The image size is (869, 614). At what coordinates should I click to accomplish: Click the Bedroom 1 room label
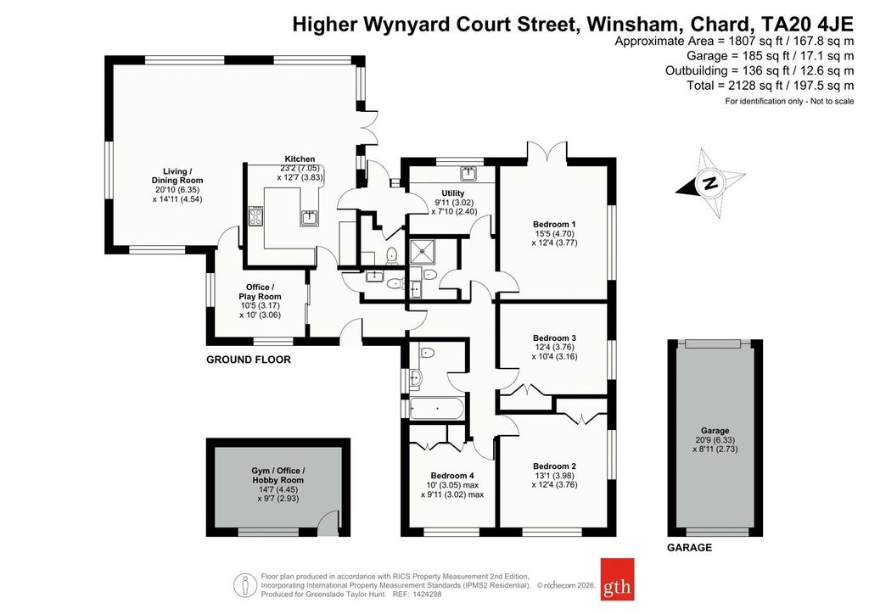click(x=554, y=224)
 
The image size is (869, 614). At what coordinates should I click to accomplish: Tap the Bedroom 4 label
click(x=452, y=476)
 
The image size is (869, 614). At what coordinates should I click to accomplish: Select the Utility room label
click(x=453, y=193)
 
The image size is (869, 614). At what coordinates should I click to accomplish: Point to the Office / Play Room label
click(x=260, y=292)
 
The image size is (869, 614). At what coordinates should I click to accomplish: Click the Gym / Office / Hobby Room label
click(x=278, y=476)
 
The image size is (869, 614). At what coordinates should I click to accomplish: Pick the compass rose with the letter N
click(x=710, y=183)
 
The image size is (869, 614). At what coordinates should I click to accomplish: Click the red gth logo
click(x=618, y=579)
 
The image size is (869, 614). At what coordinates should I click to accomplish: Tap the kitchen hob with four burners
click(x=256, y=216)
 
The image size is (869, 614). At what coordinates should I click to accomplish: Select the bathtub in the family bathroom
click(x=436, y=408)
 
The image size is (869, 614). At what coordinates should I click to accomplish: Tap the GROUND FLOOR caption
click(x=249, y=360)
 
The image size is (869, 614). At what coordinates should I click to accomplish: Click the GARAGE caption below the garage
click(x=689, y=548)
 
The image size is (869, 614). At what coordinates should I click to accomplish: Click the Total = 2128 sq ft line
click(x=771, y=86)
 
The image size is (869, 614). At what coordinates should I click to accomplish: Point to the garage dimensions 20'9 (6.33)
click(x=715, y=440)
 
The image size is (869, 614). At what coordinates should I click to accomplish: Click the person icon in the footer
click(x=242, y=584)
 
